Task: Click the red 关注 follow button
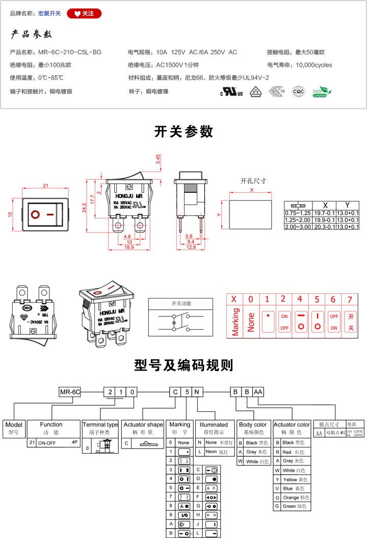pyautogui.click(x=84, y=13)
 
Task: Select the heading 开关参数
pyautogui.click(x=183, y=132)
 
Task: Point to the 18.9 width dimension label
pyautogui.click(x=128, y=247)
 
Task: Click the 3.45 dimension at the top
pyautogui.click(x=159, y=159)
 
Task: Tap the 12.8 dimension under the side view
pyautogui.click(x=191, y=247)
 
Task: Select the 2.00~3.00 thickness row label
pyautogui.click(x=298, y=226)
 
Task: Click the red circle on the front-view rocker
pyautogui.click(x=35, y=215)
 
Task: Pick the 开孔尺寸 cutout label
pyautogui.click(x=253, y=181)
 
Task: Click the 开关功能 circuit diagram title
pyautogui.click(x=181, y=303)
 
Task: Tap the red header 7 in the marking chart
pyautogui.click(x=350, y=300)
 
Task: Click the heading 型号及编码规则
pyautogui.click(x=183, y=365)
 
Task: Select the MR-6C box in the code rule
pyautogui.click(x=70, y=392)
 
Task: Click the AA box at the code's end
pyautogui.click(x=258, y=392)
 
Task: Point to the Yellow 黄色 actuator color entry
pyautogui.click(x=296, y=479)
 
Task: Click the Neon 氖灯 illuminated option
pyautogui.click(x=219, y=451)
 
